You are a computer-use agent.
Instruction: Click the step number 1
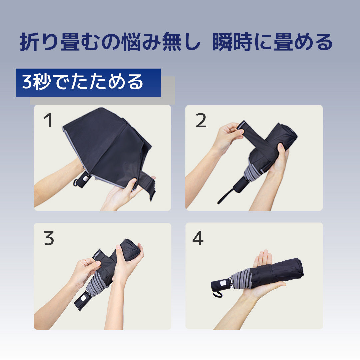click(x=48, y=121)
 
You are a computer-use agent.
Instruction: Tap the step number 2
click(x=201, y=121)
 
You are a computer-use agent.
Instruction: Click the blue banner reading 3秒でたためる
click(x=88, y=83)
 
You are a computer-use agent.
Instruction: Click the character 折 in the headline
click(x=30, y=42)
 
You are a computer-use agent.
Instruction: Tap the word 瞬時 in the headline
click(x=232, y=42)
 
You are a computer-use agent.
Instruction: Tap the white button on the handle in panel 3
click(x=83, y=299)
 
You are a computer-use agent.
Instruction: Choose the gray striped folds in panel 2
click(x=253, y=174)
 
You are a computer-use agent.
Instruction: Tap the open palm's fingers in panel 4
click(x=263, y=258)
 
